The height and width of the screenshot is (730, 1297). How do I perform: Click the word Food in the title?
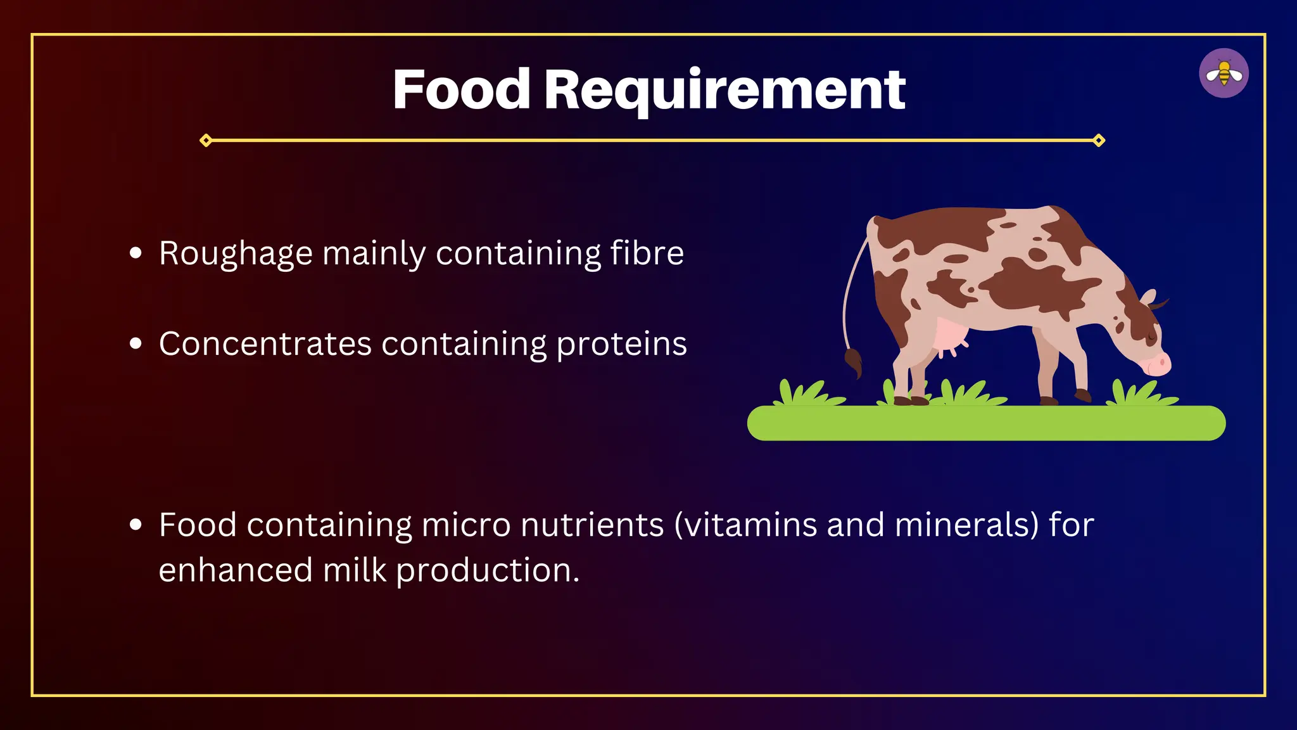coord(461,90)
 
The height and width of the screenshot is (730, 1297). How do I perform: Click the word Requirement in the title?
coord(724,91)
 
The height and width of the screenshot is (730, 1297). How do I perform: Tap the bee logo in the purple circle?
coord(1224,74)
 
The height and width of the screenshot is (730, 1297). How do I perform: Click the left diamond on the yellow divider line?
coord(206,140)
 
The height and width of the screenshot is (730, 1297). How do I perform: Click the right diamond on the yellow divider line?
coord(1099,140)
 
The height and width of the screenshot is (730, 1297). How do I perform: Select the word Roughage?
coord(236,254)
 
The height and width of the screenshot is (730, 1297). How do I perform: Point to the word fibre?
coord(647,253)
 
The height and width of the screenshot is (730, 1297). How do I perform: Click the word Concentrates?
coord(265,344)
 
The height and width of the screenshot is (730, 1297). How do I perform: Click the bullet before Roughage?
coord(136,253)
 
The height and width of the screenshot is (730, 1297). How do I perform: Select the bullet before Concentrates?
coord(136,344)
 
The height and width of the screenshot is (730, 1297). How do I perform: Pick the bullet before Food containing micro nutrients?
coord(136,525)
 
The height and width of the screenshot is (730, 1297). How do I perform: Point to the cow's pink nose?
coord(1160,364)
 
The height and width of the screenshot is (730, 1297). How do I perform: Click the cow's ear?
coord(1148,298)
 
